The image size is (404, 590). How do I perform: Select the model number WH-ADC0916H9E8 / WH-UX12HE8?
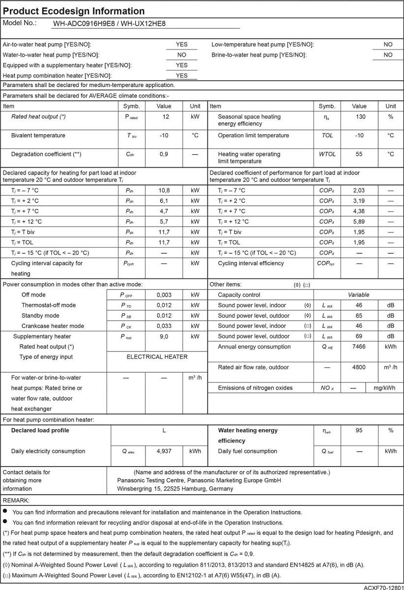[x=116, y=23]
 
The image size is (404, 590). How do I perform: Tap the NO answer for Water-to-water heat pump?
[x=181, y=55]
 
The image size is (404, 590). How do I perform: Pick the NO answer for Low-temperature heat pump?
[x=388, y=44]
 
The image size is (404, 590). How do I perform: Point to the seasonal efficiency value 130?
[x=359, y=117]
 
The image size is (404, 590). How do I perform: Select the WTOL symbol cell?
[x=327, y=154]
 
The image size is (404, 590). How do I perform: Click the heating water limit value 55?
[x=359, y=154]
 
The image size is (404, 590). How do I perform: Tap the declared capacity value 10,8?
[x=164, y=190]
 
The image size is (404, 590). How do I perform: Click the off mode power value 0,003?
[x=164, y=295]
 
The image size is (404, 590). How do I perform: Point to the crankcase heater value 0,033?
[x=164, y=326]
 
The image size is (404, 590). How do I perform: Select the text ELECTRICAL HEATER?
[x=157, y=357]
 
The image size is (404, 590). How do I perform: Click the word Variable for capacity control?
[x=359, y=295]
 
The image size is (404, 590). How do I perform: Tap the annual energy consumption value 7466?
[x=359, y=347]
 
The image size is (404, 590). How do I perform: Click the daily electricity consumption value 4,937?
[x=164, y=451]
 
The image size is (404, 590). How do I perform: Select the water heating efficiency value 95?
[x=359, y=430]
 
